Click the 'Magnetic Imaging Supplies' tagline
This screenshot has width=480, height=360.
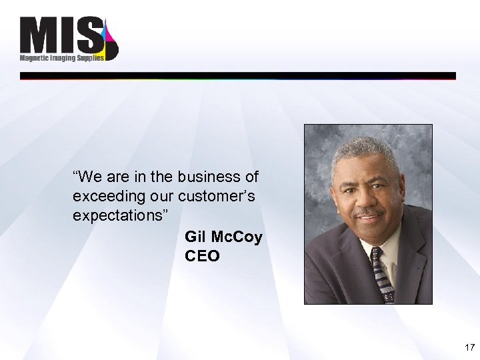(61, 58)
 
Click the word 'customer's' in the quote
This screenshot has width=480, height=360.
(229, 197)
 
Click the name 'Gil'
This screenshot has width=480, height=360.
(197, 237)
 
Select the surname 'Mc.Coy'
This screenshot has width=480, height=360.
(237, 237)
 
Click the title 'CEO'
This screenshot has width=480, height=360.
(202, 257)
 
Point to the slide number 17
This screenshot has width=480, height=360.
(468, 347)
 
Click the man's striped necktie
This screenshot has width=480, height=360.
(381, 273)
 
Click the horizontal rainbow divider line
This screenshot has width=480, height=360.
(238, 76)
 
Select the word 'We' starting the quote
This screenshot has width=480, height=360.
(88, 177)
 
